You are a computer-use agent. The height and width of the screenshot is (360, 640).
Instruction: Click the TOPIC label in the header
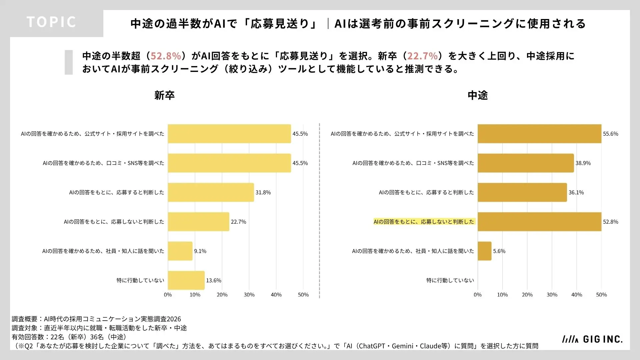[x=51, y=22]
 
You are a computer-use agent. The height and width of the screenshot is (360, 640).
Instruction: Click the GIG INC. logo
[x=592, y=339]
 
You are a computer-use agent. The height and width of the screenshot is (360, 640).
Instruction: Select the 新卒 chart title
[x=164, y=96]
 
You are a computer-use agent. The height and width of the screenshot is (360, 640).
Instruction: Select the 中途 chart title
[x=478, y=96]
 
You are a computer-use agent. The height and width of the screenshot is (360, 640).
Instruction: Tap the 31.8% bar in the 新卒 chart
[x=211, y=192]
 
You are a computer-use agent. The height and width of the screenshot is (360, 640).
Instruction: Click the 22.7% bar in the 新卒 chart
[x=199, y=222]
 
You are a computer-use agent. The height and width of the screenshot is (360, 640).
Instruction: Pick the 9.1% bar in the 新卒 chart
[x=180, y=251]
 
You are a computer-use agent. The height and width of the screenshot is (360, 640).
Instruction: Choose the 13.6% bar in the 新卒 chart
[x=186, y=280]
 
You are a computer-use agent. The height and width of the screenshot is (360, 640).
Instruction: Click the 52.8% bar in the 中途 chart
[x=540, y=222]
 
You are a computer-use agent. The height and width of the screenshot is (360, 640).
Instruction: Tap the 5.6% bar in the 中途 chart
[x=485, y=251]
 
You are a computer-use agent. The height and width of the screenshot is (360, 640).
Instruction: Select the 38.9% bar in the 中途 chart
[x=526, y=163]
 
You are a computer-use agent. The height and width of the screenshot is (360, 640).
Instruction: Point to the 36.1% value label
[x=576, y=192]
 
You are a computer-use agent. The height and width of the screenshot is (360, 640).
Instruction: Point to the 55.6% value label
[x=610, y=134]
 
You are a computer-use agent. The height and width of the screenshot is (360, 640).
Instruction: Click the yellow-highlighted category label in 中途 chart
[x=424, y=222]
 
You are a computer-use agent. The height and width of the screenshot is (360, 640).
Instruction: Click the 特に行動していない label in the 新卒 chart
[x=140, y=280]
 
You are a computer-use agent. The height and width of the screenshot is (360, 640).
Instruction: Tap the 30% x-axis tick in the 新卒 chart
[x=249, y=295]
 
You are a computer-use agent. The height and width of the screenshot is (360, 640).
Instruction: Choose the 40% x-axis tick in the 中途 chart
[x=577, y=295]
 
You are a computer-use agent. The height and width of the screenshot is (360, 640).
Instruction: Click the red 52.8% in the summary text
[x=166, y=56]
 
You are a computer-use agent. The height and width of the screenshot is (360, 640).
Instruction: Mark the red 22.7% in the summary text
[x=422, y=56]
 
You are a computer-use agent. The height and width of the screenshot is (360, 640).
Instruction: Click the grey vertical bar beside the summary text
[x=69, y=62]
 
